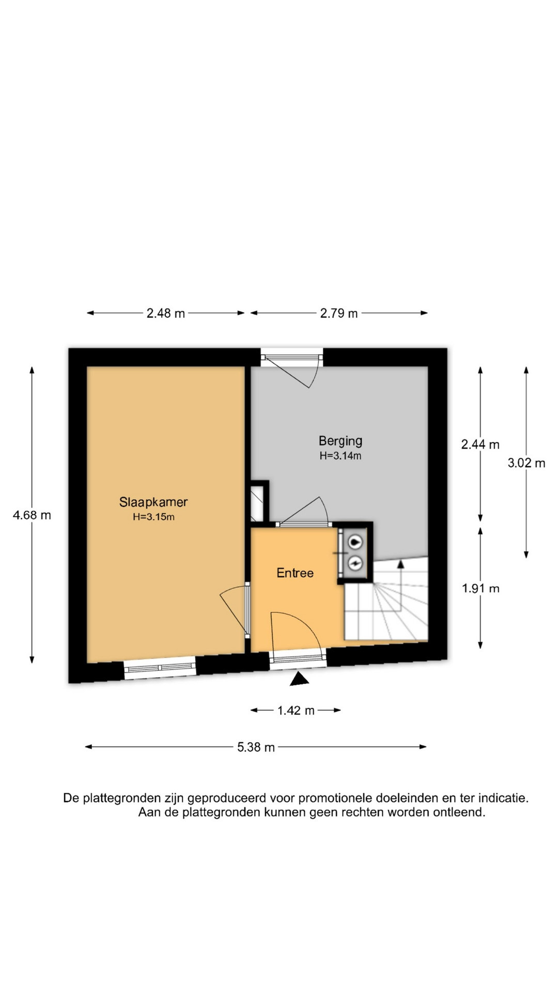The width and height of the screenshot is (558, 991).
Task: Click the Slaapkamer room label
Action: tap(153, 502)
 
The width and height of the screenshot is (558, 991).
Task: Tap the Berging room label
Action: tap(340, 441)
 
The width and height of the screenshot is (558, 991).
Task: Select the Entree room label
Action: tap(295, 573)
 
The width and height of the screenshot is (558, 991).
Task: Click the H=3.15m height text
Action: tap(153, 517)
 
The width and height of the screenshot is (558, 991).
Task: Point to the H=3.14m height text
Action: tap(340, 456)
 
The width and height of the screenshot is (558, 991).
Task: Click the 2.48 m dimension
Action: tap(166, 313)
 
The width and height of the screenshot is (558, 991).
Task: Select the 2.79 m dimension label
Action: tap(339, 313)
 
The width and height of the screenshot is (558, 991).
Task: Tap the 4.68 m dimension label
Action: tap(32, 515)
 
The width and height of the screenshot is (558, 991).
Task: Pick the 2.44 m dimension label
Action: tap(481, 444)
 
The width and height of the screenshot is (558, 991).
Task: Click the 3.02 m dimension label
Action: tap(526, 463)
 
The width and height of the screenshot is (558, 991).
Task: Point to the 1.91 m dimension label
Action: tap(481, 588)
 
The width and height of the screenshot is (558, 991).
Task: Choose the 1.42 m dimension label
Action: tap(296, 711)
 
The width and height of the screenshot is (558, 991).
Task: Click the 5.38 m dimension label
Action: tap(256, 747)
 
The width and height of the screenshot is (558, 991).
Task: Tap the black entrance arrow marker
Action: tap(299, 680)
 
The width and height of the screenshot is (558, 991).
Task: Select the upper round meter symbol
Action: tap(355, 542)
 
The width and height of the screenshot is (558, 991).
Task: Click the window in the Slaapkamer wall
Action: tap(160, 667)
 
